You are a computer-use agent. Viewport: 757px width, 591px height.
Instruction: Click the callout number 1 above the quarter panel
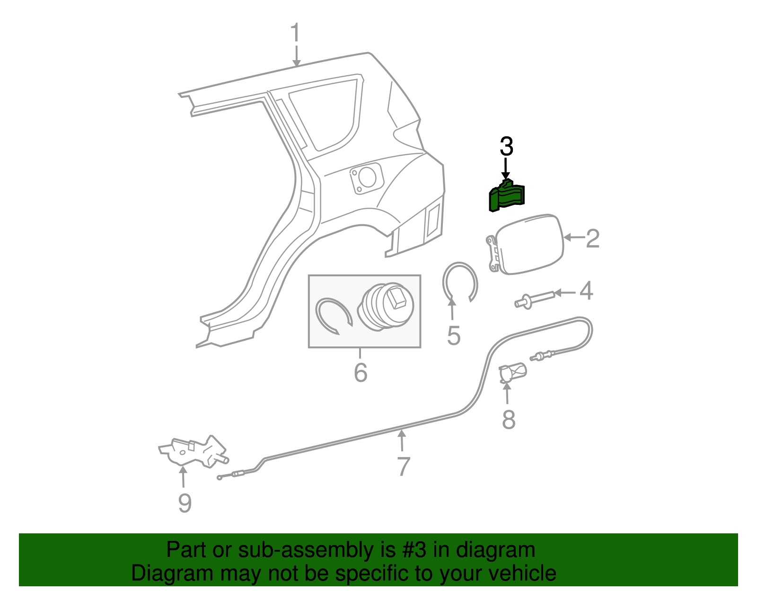(295, 33)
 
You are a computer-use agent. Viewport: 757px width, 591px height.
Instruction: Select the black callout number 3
(506, 147)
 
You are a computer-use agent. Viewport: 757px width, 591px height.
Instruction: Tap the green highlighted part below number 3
(506, 197)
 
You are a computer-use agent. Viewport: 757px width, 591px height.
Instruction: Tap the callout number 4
(586, 291)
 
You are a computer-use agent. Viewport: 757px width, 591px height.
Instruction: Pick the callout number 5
(453, 335)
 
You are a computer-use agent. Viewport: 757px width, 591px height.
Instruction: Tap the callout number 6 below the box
(361, 372)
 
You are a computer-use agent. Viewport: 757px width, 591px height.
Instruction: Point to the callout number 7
(403, 467)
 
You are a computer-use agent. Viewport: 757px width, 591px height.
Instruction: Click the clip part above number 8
(513, 371)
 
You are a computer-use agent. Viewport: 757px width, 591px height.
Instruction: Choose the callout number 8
(508, 419)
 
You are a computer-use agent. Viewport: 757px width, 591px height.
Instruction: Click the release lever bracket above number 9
(194, 451)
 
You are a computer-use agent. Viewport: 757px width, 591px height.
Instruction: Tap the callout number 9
(185, 503)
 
